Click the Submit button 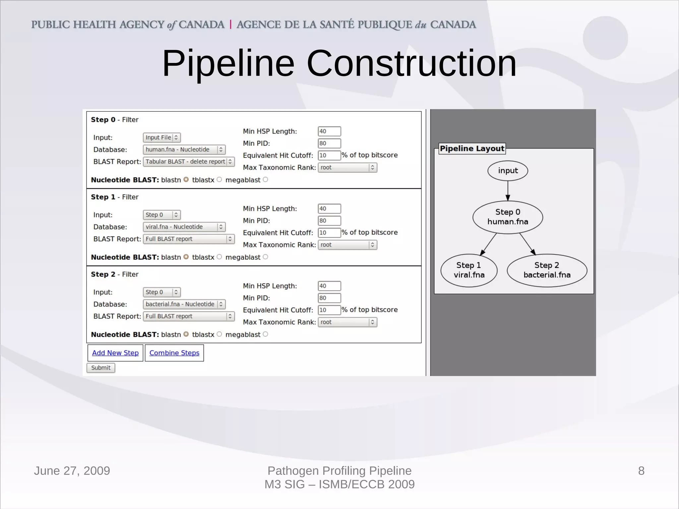tap(101, 368)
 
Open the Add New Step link tap(115, 353)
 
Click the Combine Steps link tap(174, 353)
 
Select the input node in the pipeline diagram tap(508, 171)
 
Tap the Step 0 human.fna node tap(508, 217)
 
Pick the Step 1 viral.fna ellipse tap(469, 270)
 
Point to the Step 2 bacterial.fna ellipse tap(547, 270)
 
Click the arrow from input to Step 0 tap(508, 191)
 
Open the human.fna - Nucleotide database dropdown tap(184, 150)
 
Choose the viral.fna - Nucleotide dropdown tap(184, 227)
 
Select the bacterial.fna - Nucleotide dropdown tap(184, 304)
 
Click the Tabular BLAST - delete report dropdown tap(189, 161)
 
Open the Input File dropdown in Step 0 tap(162, 137)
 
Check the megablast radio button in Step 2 tap(265, 334)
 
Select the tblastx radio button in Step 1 tap(219, 257)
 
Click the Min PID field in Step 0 tap(329, 143)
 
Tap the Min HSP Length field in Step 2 tap(329, 286)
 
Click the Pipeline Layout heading tap(472, 149)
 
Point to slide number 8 tap(641, 471)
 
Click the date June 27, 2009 tap(72, 471)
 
